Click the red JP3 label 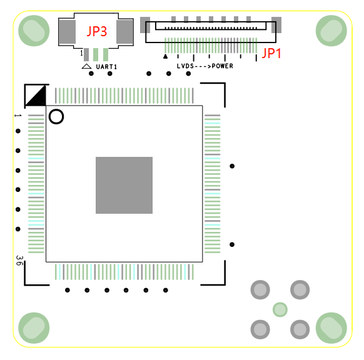pyautogui.click(x=97, y=31)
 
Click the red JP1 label pyautogui.click(x=271, y=53)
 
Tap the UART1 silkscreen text pyautogui.click(x=106, y=67)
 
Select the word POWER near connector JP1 pyautogui.click(x=223, y=66)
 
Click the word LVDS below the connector pyautogui.click(x=185, y=66)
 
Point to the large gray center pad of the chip pyautogui.click(x=124, y=185)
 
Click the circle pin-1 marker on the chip pyautogui.click(x=56, y=116)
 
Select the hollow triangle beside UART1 pyautogui.click(x=86, y=66)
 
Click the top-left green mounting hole pyautogui.click(x=34, y=31)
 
